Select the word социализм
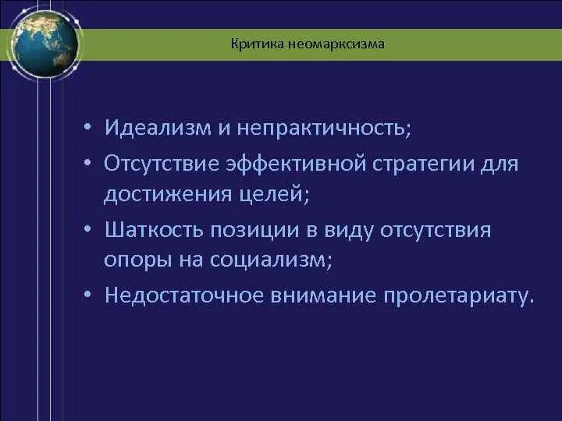click(x=270, y=260)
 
